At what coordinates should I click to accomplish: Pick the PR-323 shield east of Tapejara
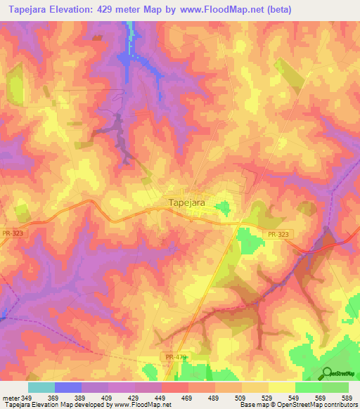278,235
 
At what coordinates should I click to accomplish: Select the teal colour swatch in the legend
41,387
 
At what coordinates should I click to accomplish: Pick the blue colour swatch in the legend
67,387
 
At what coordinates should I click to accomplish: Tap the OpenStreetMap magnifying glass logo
328,372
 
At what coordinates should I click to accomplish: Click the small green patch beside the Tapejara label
223,207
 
